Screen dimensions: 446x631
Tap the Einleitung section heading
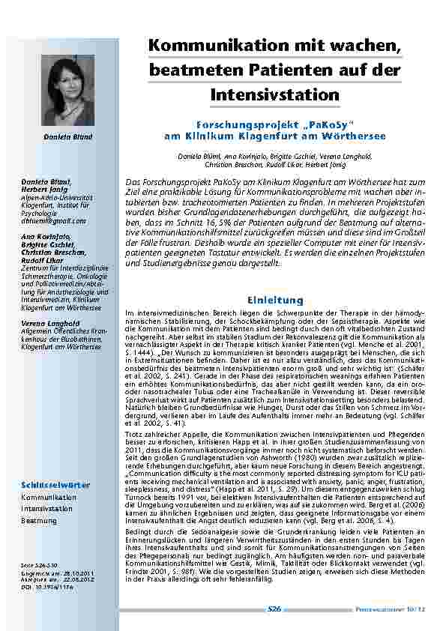[274, 300]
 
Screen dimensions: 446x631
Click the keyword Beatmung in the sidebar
[38, 519]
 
